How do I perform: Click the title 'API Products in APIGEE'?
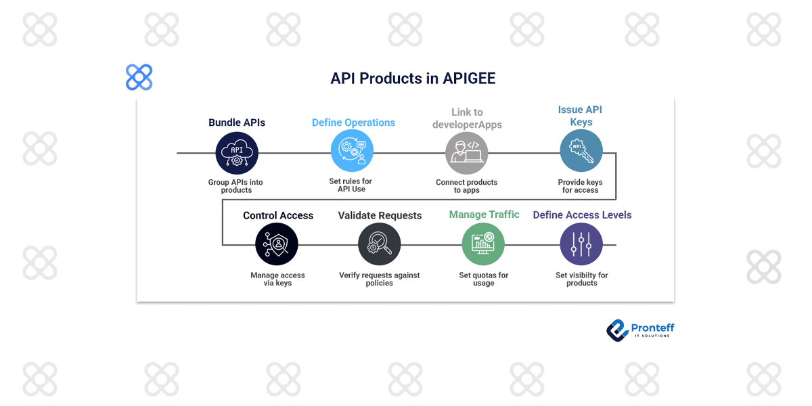click(x=413, y=78)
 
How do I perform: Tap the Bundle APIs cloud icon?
click(x=237, y=153)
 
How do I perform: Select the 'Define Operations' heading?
click(x=353, y=122)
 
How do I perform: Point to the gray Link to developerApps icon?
click(x=466, y=153)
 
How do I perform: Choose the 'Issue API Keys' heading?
click(x=580, y=116)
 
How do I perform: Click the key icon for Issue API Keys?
click(x=581, y=150)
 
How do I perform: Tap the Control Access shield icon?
click(x=277, y=244)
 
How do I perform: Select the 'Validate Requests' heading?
click(x=380, y=216)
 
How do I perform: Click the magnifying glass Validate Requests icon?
click(x=379, y=244)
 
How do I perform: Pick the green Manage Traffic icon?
click(x=483, y=244)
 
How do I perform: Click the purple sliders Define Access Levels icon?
click(x=581, y=244)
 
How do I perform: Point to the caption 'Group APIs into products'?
click(x=236, y=186)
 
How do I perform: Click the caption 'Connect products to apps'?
click(x=466, y=186)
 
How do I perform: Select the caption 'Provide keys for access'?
click(x=580, y=186)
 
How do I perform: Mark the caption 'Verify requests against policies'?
click(x=379, y=279)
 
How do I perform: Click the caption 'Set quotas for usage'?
click(x=483, y=279)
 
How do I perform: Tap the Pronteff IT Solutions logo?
click(x=640, y=330)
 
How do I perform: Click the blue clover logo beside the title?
click(x=139, y=78)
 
